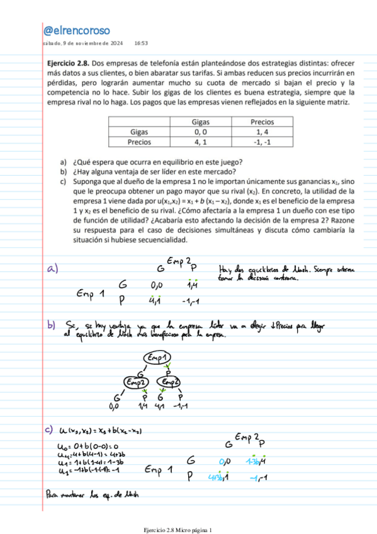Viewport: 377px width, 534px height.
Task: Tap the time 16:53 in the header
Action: [x=141, y=43]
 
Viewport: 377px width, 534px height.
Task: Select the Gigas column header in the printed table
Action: [x=201, y=122]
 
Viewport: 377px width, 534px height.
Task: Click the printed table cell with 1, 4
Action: [x=262, y=132]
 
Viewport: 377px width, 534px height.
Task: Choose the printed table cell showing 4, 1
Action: [x=201, y=142]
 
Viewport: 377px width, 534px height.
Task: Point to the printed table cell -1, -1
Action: [x=262, y=142]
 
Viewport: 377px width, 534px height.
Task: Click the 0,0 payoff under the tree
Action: [x=115, y=406]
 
